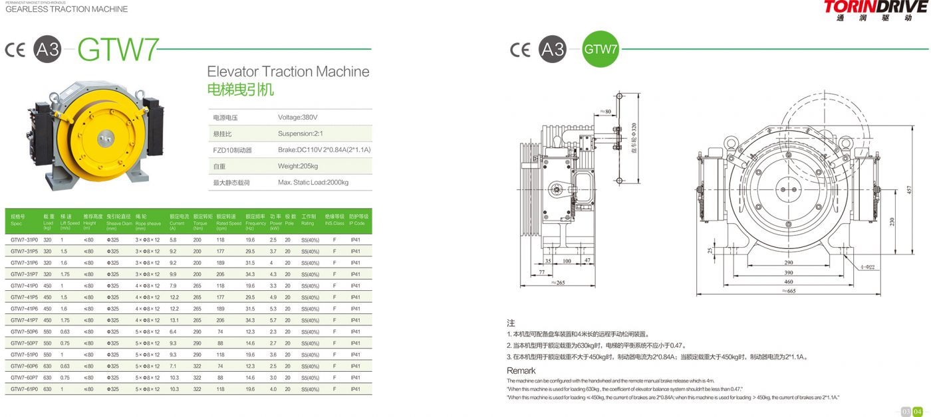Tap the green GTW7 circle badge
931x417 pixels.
pyautogui.click(x=600, y=48)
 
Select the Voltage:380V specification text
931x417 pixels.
pyautogui.click(x=297, y=118)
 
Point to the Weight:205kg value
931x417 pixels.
pyautogui.click(x=298, y=166)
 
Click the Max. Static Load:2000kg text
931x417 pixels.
pyautogui.click(x=313, y=182)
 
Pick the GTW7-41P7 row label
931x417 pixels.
pyautogui.click(x=24, y=320)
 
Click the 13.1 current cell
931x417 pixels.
pyautogui.click(x=174, y=320)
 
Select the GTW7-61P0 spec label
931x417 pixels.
pyautogui.click(x=24, y=389)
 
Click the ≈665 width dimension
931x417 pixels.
pyautogui.click(x=789, y=291)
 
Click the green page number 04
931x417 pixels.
pyautogui.click(x=918, y=410)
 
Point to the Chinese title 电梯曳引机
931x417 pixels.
pyautogui.click(x=240, y=90)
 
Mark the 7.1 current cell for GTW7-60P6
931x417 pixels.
pyautogui.click(x=173, y=366)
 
